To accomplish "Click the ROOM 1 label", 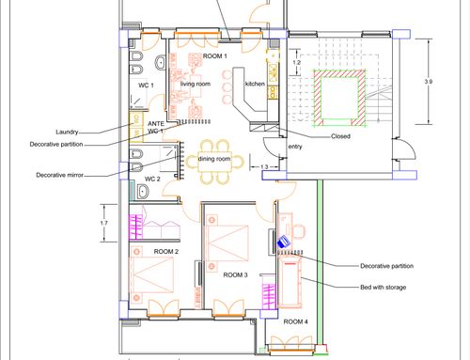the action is [x=214, y=56].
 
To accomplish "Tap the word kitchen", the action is [x=255, y=84].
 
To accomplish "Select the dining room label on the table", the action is [x=214, y=159].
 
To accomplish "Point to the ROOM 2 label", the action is [x=166, y=251].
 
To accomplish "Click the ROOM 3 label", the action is [x=235, y=274].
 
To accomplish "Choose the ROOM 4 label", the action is [x=295, y=321].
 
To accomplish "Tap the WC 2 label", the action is [x=152, y=179].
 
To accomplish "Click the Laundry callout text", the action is [x=67, y=132].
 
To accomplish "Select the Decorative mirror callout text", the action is [x=60, y=175].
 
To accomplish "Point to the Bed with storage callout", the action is [x=384, y=287].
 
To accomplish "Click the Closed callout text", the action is [x=340, y=136].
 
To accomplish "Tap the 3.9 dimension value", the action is [x=429, y=82].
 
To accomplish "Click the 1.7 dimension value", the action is [x=104, y=223].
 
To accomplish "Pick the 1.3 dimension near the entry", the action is [x=264, y=166].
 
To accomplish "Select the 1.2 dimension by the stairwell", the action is [x=296, y=62].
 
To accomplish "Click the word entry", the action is [x=295, y=147].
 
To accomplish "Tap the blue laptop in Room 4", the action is [x=284, y=242].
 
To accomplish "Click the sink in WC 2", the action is [x=143, y=192].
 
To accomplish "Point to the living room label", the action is [x=196, y=84].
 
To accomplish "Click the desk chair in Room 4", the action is [x=299, y=231].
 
